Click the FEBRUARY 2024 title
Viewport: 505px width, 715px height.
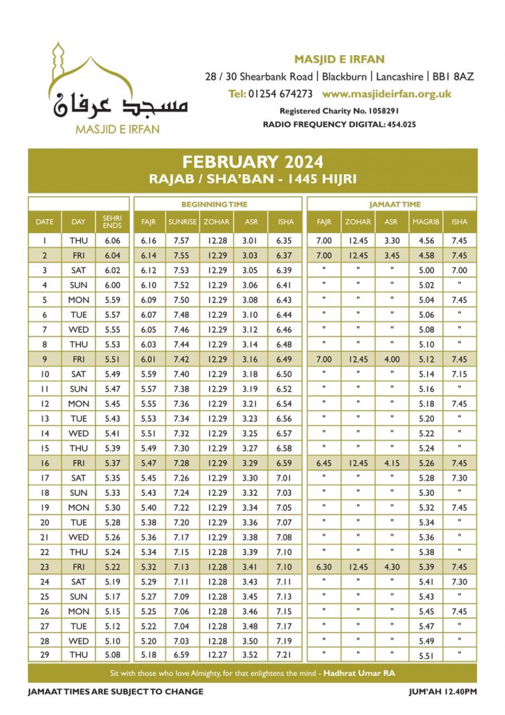click(x=252, y=162)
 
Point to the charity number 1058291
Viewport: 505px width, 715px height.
click(x=377, y=111)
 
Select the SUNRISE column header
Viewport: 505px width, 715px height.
click(x=183, y=222)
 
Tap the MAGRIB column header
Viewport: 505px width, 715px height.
click(x=425, y=222)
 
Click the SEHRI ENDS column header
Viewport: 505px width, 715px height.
click(x=112, y=222)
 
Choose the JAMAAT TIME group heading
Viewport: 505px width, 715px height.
click(x=391, y=204)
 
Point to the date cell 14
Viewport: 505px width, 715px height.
click(x=44, y=433)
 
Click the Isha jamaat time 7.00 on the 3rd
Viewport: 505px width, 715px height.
click(x=459, y=270)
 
